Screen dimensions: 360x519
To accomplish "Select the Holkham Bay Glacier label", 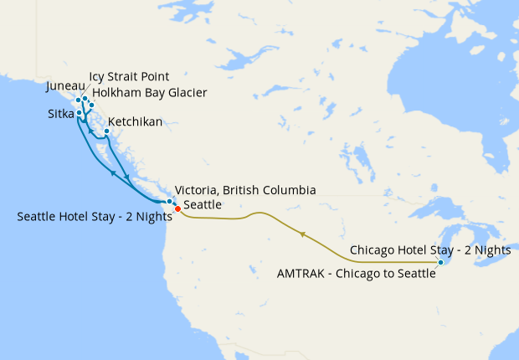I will tap(150, 92).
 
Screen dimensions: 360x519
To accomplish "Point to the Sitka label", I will tap(59, 112).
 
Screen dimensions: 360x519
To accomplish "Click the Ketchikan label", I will tap(135, 122).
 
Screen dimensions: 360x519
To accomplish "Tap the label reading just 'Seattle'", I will tap(203, 204).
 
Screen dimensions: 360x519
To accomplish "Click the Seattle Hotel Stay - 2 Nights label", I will tap(94, 216).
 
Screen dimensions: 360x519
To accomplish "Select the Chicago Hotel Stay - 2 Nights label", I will tap(430, 249).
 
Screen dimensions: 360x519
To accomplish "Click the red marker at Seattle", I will tap(177, 208).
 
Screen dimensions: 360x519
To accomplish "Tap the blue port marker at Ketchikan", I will tap(106, 131).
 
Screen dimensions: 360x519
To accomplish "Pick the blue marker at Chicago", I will tap(440, 263).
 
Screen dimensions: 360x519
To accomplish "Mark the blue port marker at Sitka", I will tap(79, 112).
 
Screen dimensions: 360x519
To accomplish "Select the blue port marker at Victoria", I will tap(170, 202).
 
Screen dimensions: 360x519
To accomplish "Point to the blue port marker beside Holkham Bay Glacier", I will tap(91, 105).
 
